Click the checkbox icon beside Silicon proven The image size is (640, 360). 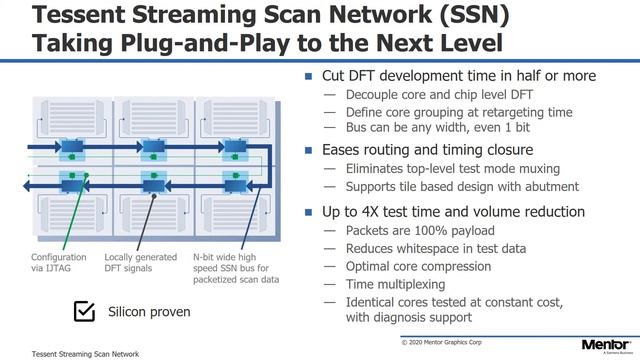(x=84, y=312)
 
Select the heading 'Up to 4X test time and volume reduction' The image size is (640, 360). (x=452, y=212)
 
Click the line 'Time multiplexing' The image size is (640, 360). (x=397, y=284)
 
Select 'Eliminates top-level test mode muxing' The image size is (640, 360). (x=453, y=169)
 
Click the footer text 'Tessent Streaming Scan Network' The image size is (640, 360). (x=85, y=353)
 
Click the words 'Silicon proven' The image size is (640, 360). (x=149, y=312)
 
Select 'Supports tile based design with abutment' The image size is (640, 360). (x=462, y=187)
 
